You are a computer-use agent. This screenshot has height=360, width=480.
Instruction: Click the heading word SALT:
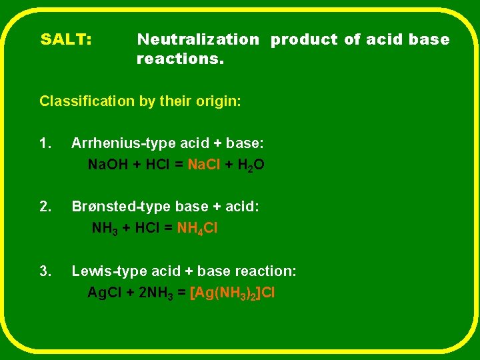click(x=66, y=39)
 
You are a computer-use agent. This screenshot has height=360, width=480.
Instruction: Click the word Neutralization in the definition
click(x=198, y=39)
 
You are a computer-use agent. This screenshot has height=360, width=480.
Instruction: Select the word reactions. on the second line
click(x=180, y=59)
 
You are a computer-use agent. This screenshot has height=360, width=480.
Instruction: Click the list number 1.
click(x=45, y=143)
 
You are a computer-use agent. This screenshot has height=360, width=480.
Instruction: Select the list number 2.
click(x=45, y=207)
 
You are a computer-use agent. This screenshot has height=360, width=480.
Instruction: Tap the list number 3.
click(x=45, y=271)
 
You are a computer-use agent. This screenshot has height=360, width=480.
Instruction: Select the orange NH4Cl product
click(x=197, y=228)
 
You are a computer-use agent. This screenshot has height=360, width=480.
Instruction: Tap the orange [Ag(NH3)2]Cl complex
click(x=233, y=293)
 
